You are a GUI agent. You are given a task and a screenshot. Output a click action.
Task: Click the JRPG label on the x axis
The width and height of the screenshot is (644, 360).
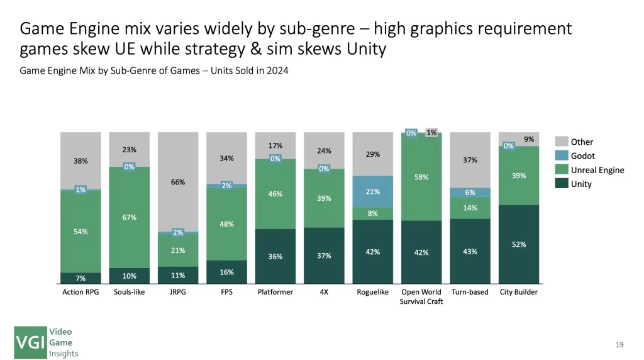coord(178,292)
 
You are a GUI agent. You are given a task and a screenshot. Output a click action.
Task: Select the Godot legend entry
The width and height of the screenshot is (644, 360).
coord(582,155)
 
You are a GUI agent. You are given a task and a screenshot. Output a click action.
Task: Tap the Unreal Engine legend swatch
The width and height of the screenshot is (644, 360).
coord(561,170)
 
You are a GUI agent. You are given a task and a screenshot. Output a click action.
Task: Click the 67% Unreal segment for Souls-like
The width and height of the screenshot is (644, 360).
coord(130,218)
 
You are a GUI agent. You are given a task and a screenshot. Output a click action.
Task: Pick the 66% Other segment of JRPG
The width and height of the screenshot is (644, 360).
coord(178,182)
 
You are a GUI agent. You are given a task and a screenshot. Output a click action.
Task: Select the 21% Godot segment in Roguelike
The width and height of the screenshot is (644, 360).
coord(373,191)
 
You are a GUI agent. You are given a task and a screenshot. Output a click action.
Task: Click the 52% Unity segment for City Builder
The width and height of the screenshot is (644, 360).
coord(519,244)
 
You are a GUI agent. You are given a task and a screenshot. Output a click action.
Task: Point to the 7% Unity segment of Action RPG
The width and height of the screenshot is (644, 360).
coord(80,278)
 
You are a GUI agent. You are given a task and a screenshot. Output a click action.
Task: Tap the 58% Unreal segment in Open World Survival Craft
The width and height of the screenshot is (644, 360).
coord(421,177)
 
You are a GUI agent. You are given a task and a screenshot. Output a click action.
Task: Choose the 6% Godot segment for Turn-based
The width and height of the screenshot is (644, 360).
coord(470,193)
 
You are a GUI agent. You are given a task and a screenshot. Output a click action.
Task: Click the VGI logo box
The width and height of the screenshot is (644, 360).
coord(31,342)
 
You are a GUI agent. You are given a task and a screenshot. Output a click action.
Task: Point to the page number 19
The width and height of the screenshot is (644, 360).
coord(619,344)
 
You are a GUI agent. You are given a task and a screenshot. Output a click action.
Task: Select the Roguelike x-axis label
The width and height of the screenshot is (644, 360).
coord(373,292)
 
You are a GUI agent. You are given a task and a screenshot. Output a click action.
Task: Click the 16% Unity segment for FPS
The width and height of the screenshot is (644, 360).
coord(227,272)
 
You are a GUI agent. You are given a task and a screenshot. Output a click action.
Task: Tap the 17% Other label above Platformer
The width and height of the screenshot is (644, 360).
coord(275,145)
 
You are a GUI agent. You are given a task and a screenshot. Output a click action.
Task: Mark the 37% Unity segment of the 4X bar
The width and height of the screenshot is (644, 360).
coord(324,256)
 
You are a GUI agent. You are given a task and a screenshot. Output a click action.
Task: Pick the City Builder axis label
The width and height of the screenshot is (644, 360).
coord(519,292)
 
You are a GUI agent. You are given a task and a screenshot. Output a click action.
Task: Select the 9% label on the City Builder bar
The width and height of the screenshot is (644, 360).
coord(529,139)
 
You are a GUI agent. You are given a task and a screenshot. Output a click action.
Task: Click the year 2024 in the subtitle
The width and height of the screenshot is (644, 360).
coord(277,70)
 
